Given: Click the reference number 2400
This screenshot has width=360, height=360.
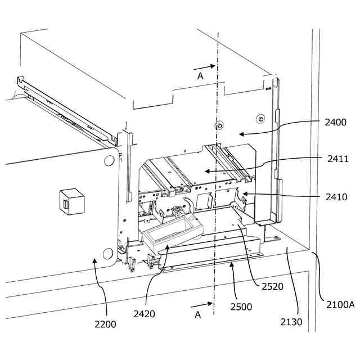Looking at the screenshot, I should (x=336, y=122).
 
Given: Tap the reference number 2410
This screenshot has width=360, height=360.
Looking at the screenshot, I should (x=336, y=197).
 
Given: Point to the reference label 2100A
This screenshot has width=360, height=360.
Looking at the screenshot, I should (x=340, y=304).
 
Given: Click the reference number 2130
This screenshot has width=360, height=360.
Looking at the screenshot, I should (x=291, y=322).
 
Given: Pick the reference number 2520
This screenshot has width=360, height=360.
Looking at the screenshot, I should (x=272, y=286).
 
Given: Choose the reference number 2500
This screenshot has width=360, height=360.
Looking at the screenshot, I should (x=241, y=307).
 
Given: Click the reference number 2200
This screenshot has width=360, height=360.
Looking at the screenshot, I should (x=105, y=324).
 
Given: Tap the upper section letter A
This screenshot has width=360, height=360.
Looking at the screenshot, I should (x=200, y=76).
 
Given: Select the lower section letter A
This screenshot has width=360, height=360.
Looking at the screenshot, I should (x=197, y=315).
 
